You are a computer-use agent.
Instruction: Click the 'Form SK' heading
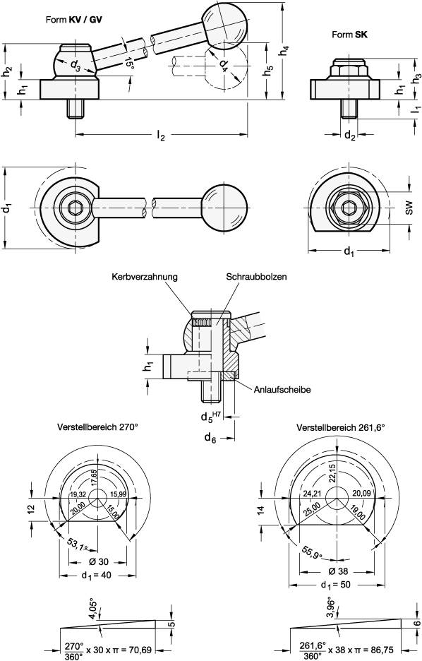pyautogui.click(x=349, y=35)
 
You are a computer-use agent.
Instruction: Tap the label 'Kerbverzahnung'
pyautogui.click(x=144, y=277)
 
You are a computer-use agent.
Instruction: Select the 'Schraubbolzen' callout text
pyautogui.click(x=256, y=277)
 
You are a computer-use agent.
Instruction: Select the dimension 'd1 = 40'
pyautogui.click(x=97, y=575)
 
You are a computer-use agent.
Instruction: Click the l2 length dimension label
pyautogui.click(x=161, y=138)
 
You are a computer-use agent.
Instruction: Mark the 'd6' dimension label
pyautogui.click(x=210, y=439)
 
